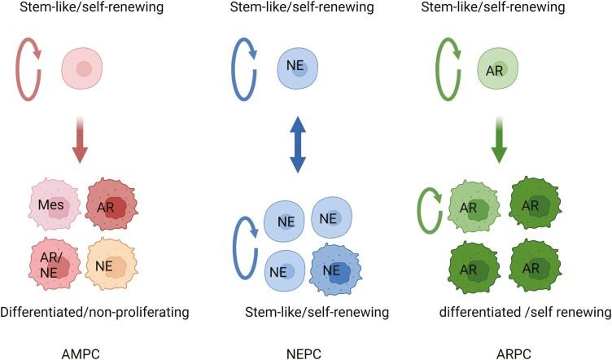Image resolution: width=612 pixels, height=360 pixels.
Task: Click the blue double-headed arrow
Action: [298, 145]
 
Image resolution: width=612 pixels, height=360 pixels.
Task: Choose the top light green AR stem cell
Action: [496, 68]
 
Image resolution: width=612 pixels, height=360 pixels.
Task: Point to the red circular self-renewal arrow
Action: [31, 68]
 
